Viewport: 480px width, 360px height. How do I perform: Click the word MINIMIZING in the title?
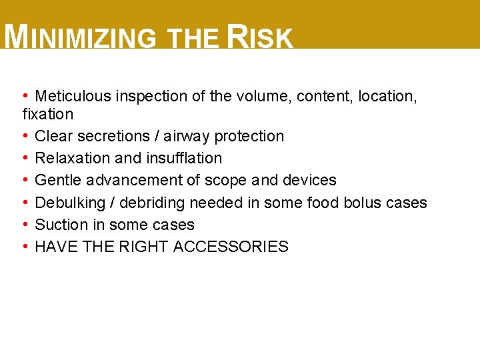[80, 38]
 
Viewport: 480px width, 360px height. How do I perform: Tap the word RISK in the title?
[260, 38]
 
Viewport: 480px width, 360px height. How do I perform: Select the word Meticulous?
[73, 97]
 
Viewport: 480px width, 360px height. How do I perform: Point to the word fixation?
[48, 114]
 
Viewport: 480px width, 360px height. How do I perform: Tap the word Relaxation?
[72, 158]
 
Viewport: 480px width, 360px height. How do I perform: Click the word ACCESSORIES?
[231, 247]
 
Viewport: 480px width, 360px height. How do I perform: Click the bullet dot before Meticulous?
[25, 96]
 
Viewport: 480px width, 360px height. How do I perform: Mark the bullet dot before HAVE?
[25, 247]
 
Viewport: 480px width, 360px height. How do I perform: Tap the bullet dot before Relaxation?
[25, 158]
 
